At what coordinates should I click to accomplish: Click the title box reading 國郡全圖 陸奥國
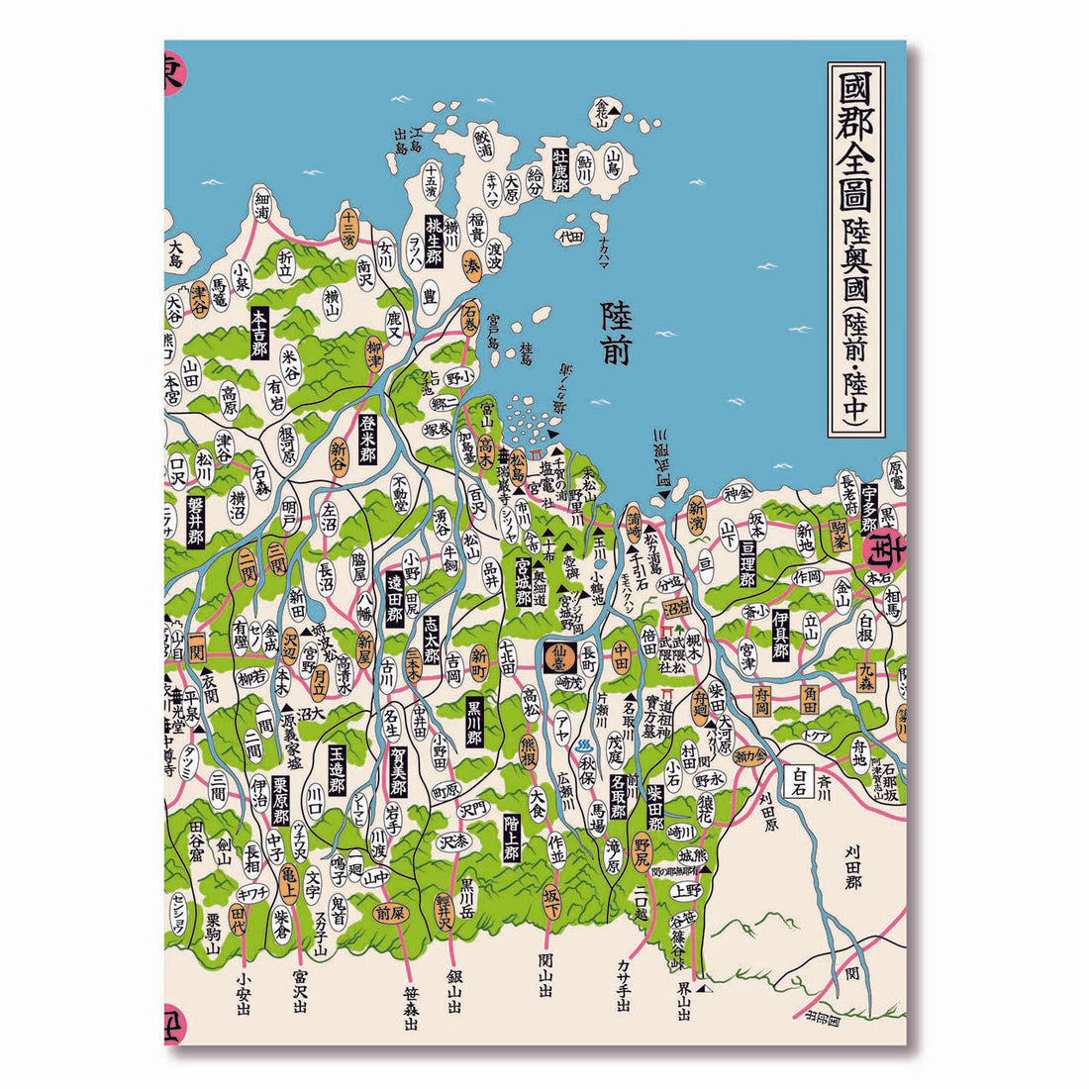855,248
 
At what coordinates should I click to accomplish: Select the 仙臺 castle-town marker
560,654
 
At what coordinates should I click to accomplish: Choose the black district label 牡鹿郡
560,171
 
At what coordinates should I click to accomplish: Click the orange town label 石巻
470,318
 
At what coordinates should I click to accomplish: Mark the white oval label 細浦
261,203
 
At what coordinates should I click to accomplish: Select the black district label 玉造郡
337,770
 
